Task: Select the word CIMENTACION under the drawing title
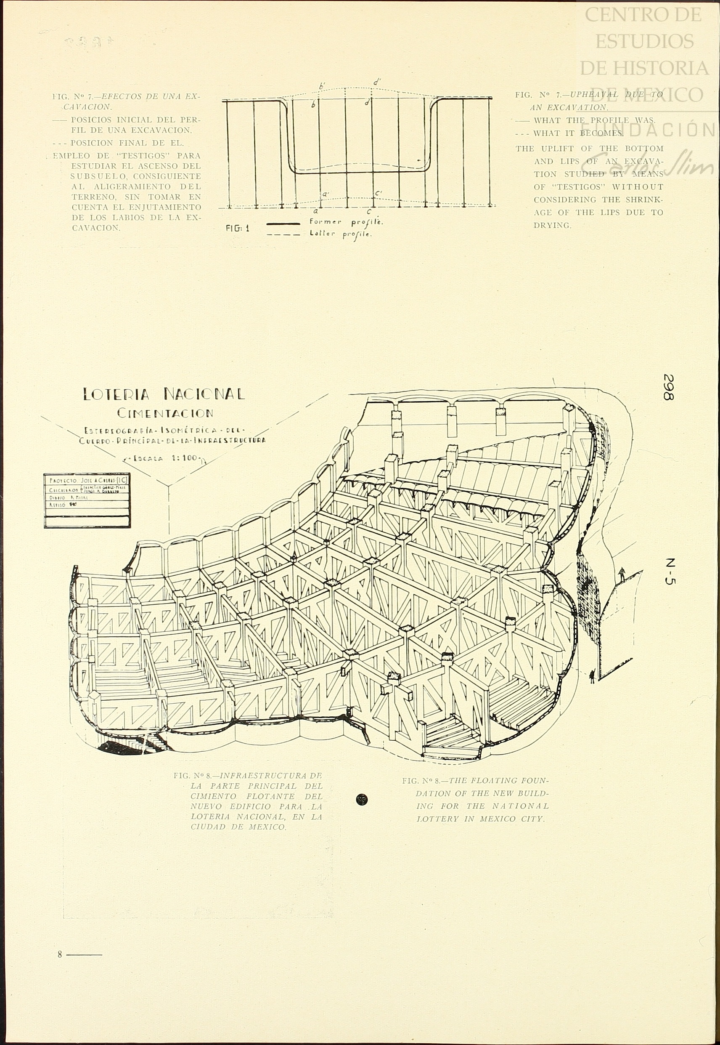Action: point(165,412)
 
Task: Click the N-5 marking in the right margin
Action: point(670,572)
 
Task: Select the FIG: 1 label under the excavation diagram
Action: point(238,228)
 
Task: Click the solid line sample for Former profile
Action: point(284,223)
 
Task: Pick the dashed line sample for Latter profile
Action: point(284,235)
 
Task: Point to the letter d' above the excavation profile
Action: point(377,82)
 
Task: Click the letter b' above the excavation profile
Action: point(322,85)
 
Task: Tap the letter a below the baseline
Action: point(316,211)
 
